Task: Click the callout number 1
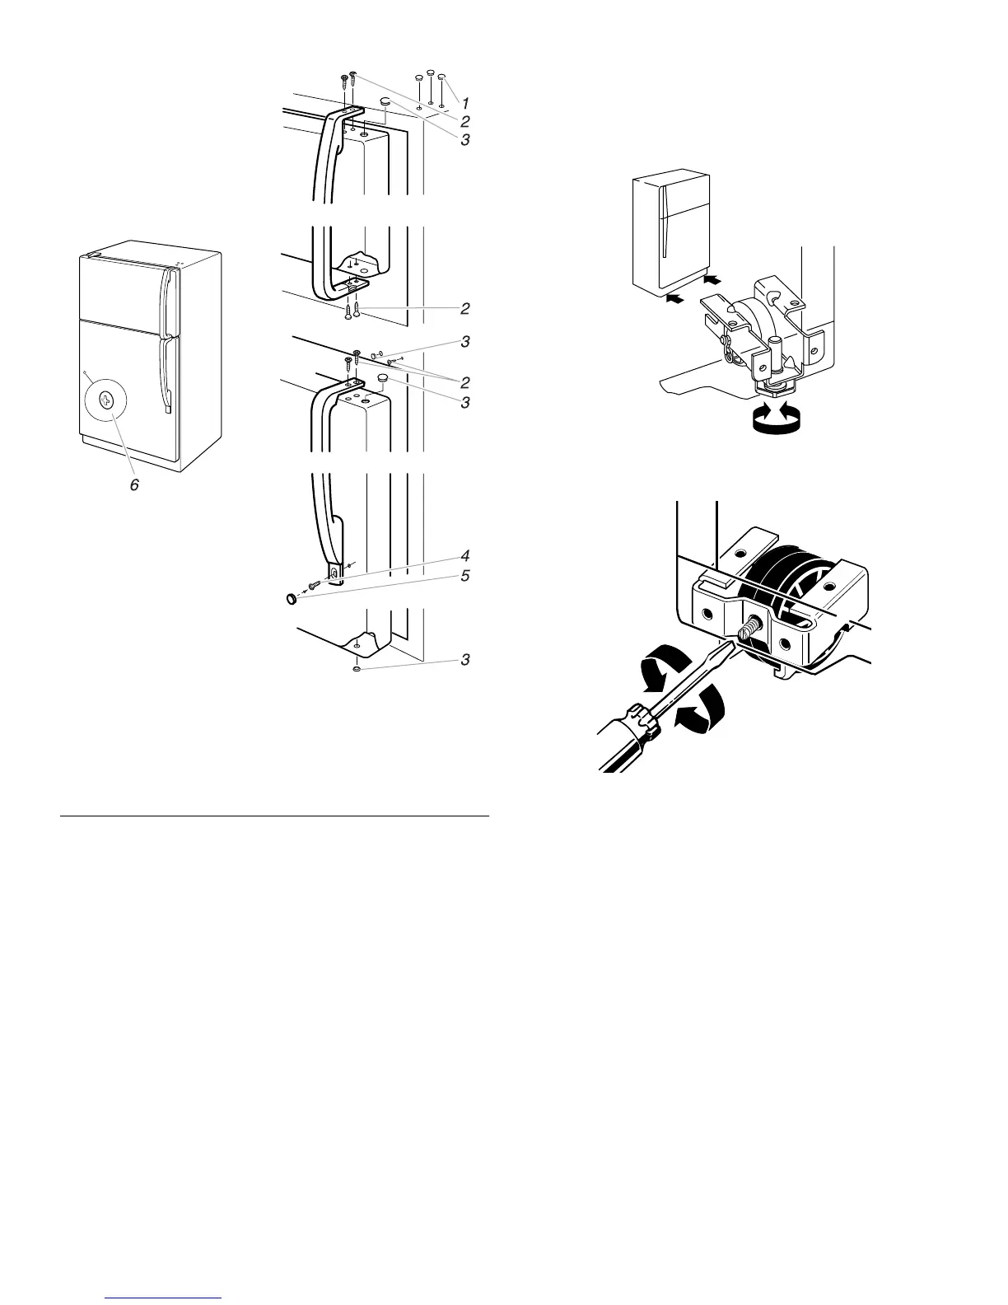[465, 104]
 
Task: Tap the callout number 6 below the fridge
[134, 484]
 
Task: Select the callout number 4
[465, 555]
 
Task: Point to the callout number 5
[465, 576]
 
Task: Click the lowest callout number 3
[465, 660]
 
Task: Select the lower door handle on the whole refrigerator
[169, 375]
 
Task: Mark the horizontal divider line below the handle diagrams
[274, 816]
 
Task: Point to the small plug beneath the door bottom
[356, 670]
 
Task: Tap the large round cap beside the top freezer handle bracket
[386, 102]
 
